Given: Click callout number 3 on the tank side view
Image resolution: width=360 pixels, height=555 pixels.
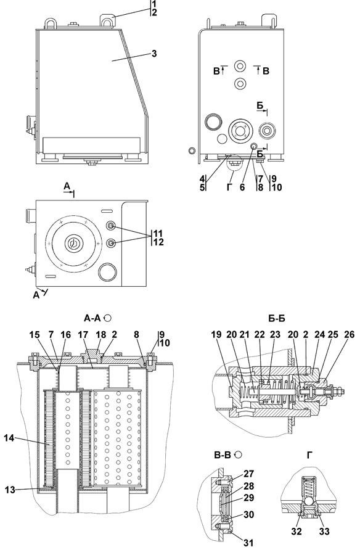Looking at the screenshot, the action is point(153,54).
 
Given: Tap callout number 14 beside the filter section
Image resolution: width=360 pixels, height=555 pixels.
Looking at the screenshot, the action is point(9,438).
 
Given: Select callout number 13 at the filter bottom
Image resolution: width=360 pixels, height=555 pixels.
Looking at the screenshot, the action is point(10,490).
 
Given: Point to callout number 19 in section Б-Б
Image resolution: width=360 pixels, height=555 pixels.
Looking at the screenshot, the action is point(217,334).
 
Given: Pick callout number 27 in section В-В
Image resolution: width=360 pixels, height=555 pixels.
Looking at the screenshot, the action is point(249,474).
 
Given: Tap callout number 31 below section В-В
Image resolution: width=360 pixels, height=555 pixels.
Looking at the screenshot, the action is point(249,542).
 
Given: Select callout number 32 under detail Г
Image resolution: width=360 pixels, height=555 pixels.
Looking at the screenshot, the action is point(297,531).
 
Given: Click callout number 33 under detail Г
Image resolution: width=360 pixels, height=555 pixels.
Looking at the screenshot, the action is point(324,531).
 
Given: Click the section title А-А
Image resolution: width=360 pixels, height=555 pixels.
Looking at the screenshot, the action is point(92,318).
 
